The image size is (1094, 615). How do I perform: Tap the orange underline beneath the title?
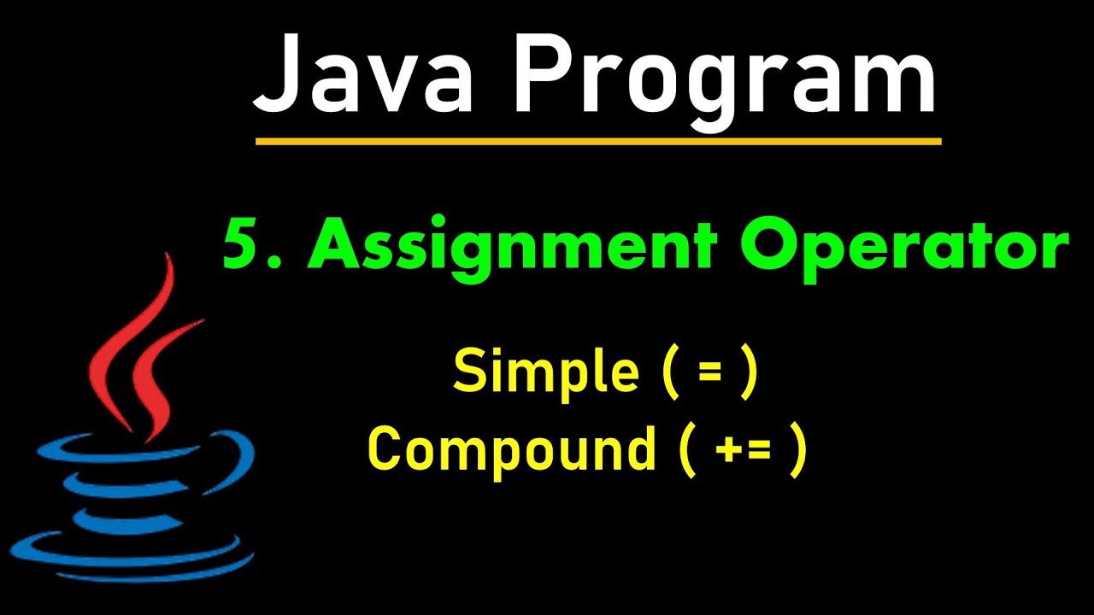point(598,141)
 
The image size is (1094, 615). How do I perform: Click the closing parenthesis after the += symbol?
point(797,450)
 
